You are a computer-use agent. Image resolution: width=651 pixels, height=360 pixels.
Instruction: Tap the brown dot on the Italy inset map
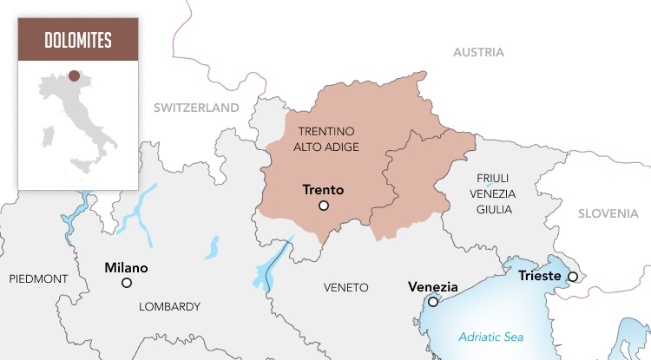[75, 76]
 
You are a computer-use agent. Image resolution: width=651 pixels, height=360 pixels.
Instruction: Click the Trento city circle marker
[324, 206]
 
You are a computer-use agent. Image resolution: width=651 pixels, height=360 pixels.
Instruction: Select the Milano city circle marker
[127, 283]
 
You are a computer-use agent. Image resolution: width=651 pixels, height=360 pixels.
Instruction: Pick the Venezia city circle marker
[433, 302]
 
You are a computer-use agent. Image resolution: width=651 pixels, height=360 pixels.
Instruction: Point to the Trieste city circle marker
[572, 277]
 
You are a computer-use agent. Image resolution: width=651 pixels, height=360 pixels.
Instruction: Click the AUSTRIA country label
[478, 52]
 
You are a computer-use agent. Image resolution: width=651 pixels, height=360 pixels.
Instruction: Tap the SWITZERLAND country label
[195, 108]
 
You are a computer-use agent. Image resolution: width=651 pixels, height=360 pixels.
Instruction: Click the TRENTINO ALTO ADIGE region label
[326, 139]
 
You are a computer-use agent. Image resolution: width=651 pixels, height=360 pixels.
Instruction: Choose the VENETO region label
[345, 287]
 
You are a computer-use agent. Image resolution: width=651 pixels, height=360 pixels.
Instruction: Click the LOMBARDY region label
[169, 306]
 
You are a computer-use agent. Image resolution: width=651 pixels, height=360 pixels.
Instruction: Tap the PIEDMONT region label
[38, 278]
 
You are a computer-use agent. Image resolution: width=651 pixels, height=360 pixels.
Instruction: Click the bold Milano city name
[126, 267]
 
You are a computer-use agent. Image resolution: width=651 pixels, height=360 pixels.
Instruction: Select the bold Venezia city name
[432, 286]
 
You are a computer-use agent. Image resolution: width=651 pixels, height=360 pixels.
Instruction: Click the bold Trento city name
[323, 189]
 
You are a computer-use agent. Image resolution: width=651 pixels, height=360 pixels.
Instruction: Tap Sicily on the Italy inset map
[82, 165]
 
